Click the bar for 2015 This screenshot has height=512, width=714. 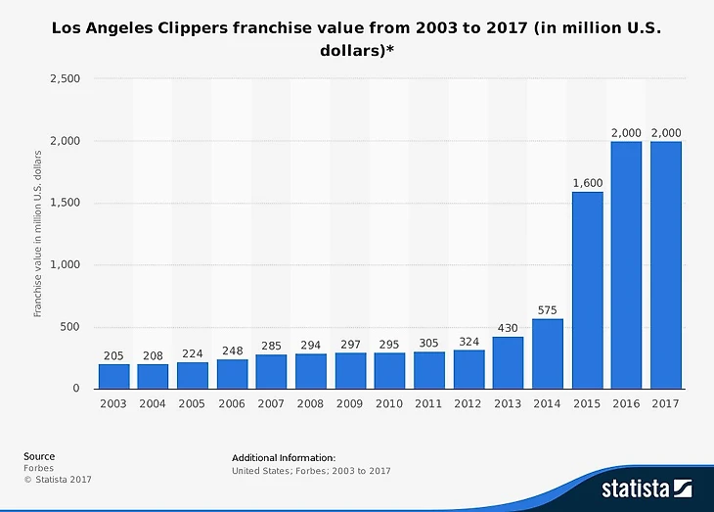(x=587, y=290)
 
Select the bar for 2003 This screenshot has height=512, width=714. (x=113, y=376)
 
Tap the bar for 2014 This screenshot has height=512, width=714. (x=548, y=353)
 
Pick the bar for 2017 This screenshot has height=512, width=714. (x=666, y=265)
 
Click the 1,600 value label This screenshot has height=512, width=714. (x=587, y=182)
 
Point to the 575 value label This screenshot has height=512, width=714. (x=548, y=310)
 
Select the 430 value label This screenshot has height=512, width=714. (x=508, y=328)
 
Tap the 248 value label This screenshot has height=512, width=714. (x=232, y=350)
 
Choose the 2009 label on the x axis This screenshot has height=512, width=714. (x=350, y=403)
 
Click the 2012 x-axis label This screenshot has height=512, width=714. (x=469, y=403)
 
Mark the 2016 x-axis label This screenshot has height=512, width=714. (x=626, y=403)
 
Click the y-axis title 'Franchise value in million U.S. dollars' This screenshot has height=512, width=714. (x=37, y=233)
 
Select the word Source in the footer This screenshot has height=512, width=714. (x=39, y=456)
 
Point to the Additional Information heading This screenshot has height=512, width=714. (x=284, y=457)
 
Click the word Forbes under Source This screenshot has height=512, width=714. (x=39, y=468)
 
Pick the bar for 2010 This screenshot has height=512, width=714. (x=389, y=370)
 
